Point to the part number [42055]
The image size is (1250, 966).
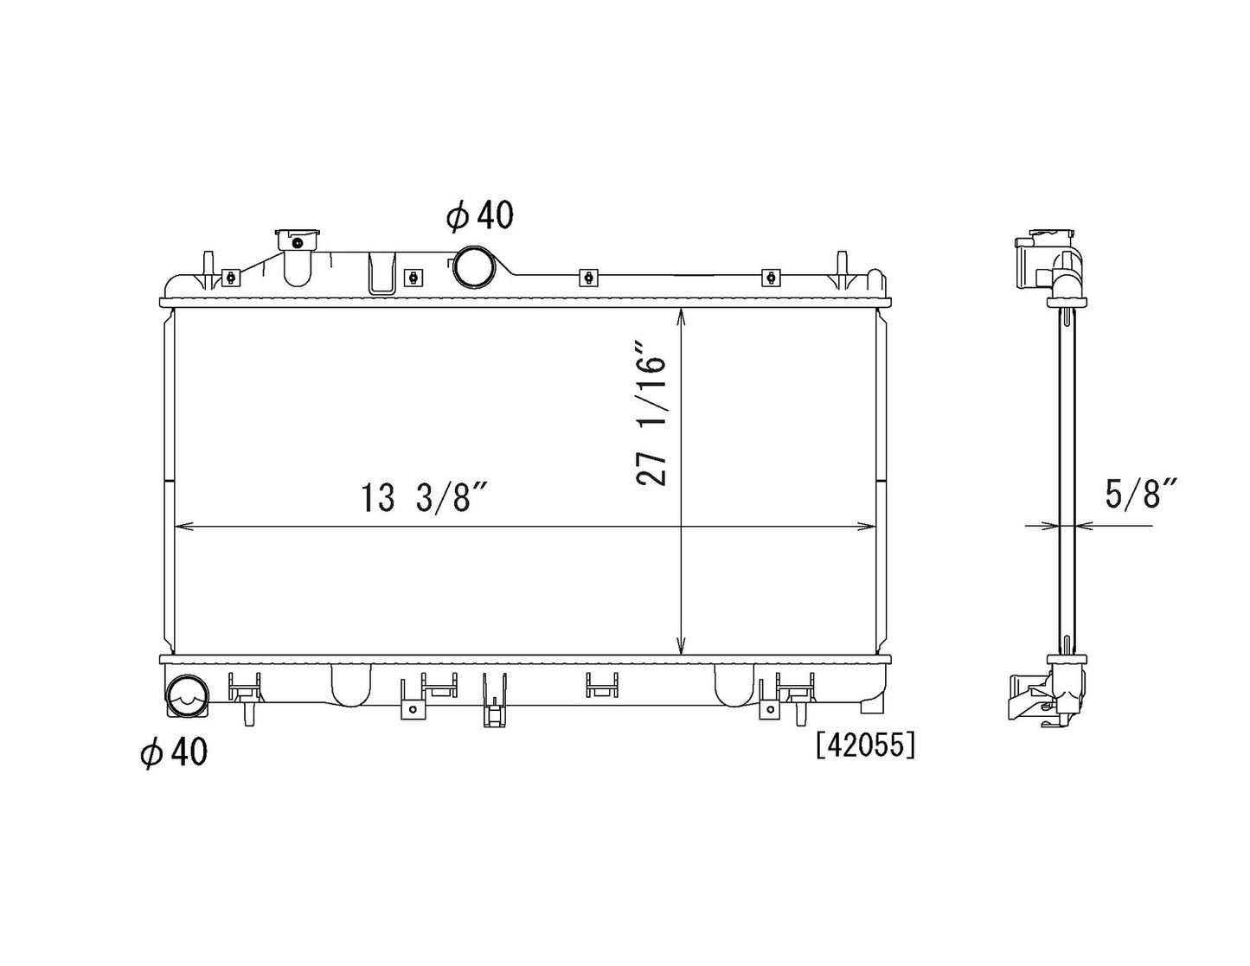point(864,746)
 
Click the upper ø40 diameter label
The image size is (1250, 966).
point(480,215)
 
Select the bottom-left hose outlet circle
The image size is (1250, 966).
point(187,696)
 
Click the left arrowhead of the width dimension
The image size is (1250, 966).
point(183,526)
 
